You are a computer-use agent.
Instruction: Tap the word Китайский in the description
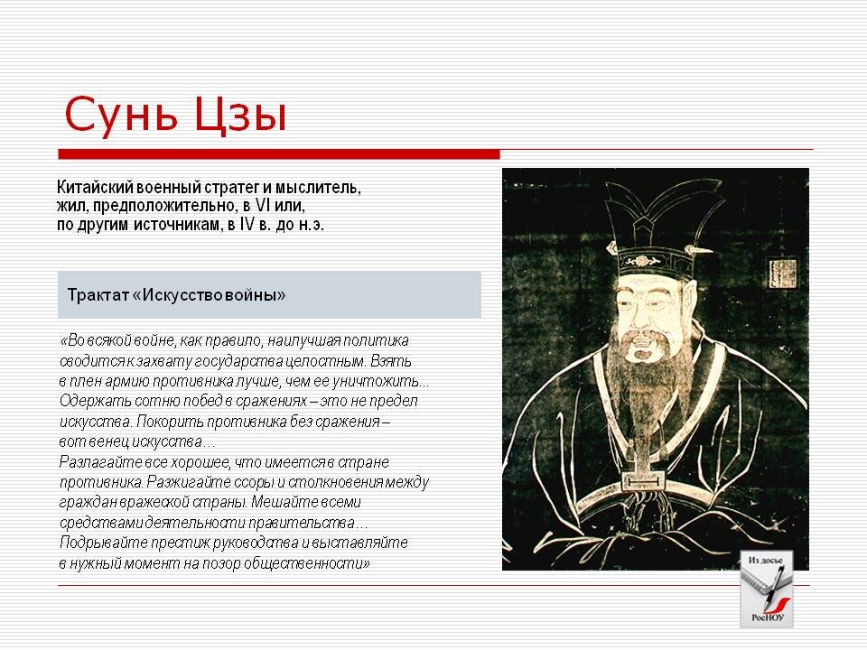click(x=94, y=189)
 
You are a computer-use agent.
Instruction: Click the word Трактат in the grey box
click(x=97, y=295)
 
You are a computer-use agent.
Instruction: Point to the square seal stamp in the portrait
click(x=782, y=273)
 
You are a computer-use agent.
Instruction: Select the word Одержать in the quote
click(x=90, y=401)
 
